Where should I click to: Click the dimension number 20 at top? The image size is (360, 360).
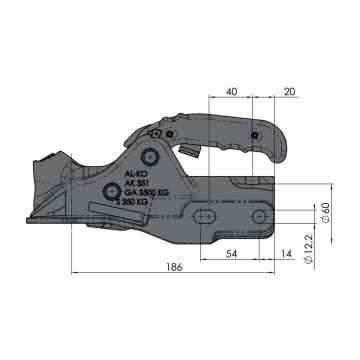[x=290, y=91]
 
